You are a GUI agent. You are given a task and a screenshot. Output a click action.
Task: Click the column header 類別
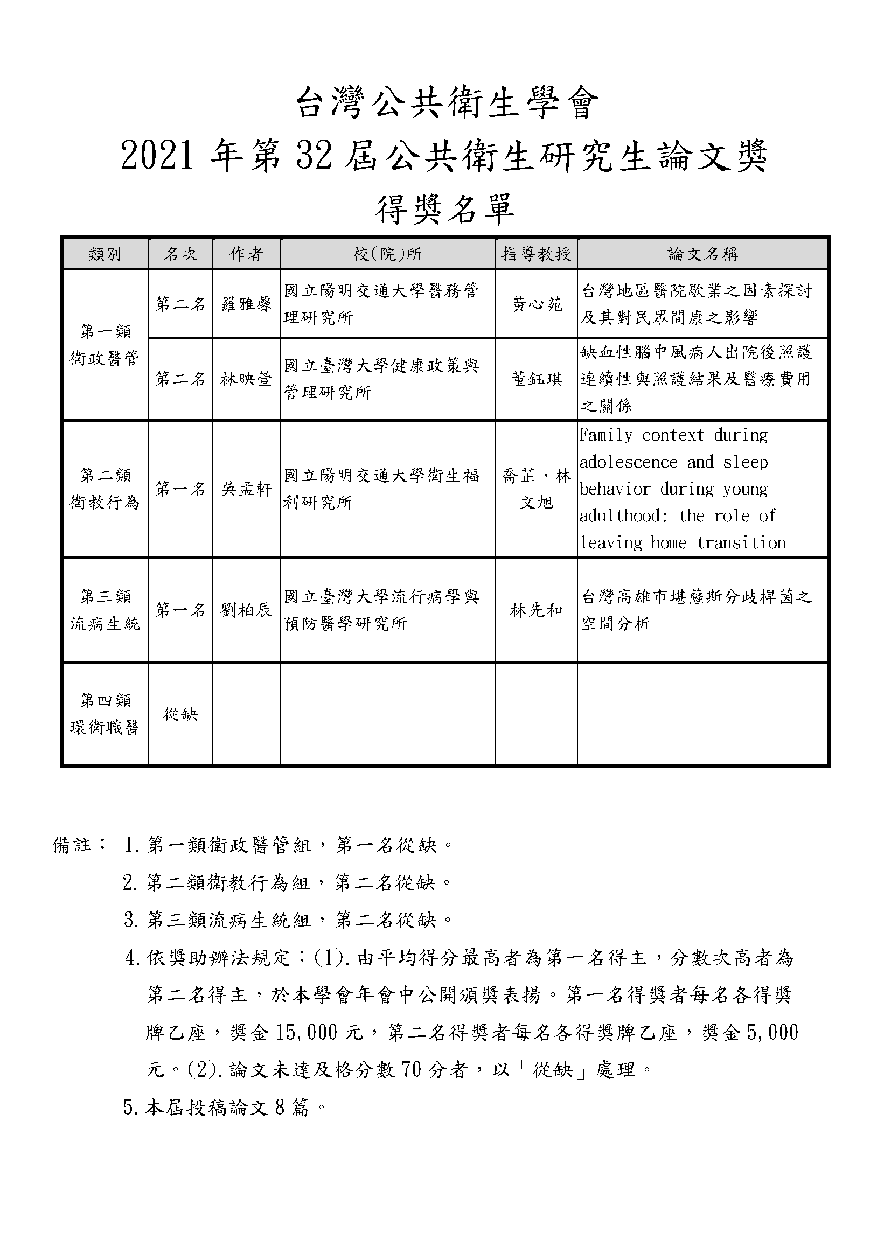[105, 254]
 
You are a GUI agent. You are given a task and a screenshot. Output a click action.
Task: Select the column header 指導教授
[536, 254]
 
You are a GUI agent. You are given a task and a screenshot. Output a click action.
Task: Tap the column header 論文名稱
[702, 254]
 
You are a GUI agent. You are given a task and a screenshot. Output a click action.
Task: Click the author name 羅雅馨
[246, 304]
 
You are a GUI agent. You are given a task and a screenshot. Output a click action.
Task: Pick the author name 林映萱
[246, 379]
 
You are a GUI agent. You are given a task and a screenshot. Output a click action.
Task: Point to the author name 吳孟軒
[246, 489]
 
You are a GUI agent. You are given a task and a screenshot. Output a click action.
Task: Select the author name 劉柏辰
[246, 610]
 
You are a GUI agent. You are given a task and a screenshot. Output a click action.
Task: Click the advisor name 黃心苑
[536, 304]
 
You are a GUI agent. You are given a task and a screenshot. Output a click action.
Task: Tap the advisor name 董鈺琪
[536, 379]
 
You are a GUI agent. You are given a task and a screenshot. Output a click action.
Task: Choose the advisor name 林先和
[536, 610]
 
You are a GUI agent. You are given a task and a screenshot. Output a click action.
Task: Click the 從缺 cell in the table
[180, 714]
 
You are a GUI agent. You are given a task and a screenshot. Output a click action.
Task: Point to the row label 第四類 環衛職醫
[105, 714]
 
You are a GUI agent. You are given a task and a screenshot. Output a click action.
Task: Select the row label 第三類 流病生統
[105, 610]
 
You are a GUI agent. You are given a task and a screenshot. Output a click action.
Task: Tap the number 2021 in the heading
[157, 156]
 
